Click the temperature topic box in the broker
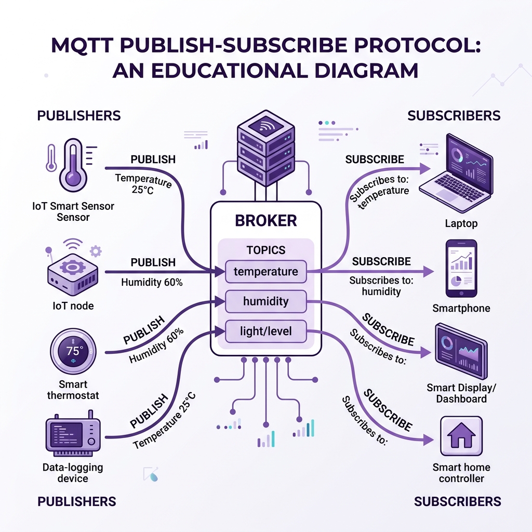coord(265,271)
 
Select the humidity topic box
coord(265,301)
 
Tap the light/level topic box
coord(265,331)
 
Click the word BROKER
coord(265,220)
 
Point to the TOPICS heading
coord(265,250)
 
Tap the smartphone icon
coord(461,269)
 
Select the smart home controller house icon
coord(461,436)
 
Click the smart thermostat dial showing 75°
coord(73,351)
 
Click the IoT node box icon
coord(73,274)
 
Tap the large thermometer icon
coord(73,165)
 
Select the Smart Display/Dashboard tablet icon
coord(461,351)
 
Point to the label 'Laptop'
coord(461,223)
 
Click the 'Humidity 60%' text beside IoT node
coord(152,282)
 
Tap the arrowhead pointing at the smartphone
coord(429,271)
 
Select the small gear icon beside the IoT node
coord(96,251)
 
